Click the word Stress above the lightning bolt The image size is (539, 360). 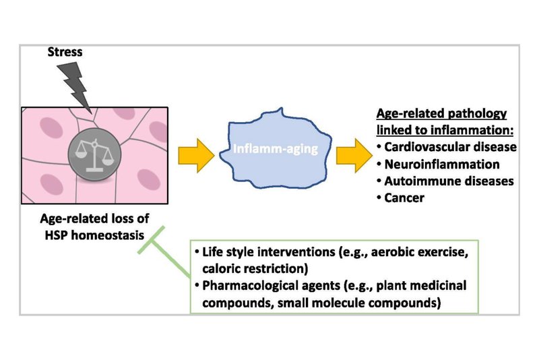pyautogui.click(x=65, y=52)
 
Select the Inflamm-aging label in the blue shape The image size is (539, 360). pyautogui.click(x=276, y=149)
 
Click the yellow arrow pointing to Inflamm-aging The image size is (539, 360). pyautogui.click(x=196, y=156)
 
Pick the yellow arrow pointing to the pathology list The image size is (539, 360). pyautogui.click(x=354, y=156)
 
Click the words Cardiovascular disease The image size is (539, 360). pyautogui.click(x=450, y=147)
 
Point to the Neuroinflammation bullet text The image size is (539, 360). pyautogui.click(x=442, y=164)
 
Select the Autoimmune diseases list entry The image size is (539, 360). pyautogui.click(x=449, y=181)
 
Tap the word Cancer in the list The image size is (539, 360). pyautogui.click(x=404, y=198)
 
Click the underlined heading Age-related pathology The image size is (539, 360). pyautogui.click(x=442, y=113)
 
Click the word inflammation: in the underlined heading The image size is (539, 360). pyautogui.click(x=472, y=130)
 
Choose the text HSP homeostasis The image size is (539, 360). pyautogui.click(x=94, y=235)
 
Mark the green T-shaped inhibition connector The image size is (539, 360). pyautogui.click(x=164, y=252)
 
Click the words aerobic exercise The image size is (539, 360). pyautogui.click(x=419, y=252)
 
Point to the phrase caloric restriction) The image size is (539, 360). pyautogui.click(x=255, y=269)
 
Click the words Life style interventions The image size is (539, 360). pyautogui.click(x=268, y=252)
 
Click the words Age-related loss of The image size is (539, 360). pyautogui.click(x=94, y=218)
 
